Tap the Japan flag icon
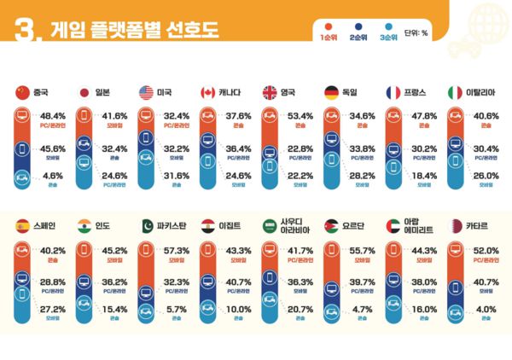pos(84,92)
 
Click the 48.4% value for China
pos(53,115)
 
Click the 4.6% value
pos(53,174)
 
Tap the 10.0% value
pos(238,309)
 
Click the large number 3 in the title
pos(23,31)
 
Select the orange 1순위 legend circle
pos(328,26)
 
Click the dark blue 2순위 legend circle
pos(358,26)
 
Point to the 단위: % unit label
pos(416,32)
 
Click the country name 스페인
pos(44,227)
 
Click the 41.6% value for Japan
pos(115,115)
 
